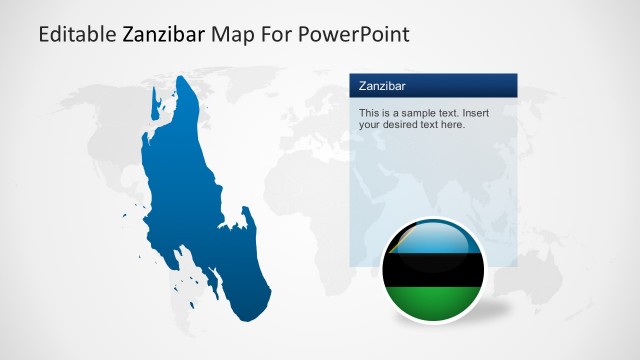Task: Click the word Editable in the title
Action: point(76,35)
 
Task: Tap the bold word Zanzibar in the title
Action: point(164,35)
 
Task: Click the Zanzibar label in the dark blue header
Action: point(381,86)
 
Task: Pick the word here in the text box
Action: point(454,125)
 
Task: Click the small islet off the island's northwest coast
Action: point(156,100)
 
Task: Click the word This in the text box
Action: point(368,113)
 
